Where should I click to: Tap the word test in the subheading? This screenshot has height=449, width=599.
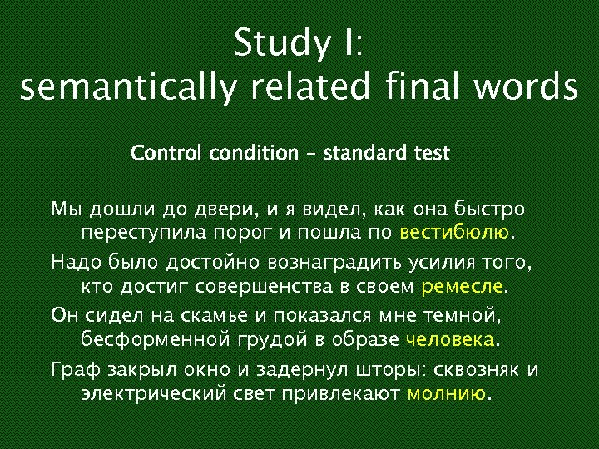tap(430, 154)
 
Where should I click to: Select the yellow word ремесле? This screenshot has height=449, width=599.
tap(463, 287)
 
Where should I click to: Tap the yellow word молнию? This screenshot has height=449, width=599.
tap(445, 393)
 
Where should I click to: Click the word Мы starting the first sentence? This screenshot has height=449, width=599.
tap(63, 208)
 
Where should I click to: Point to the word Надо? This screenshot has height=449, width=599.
tap(76, 263)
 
